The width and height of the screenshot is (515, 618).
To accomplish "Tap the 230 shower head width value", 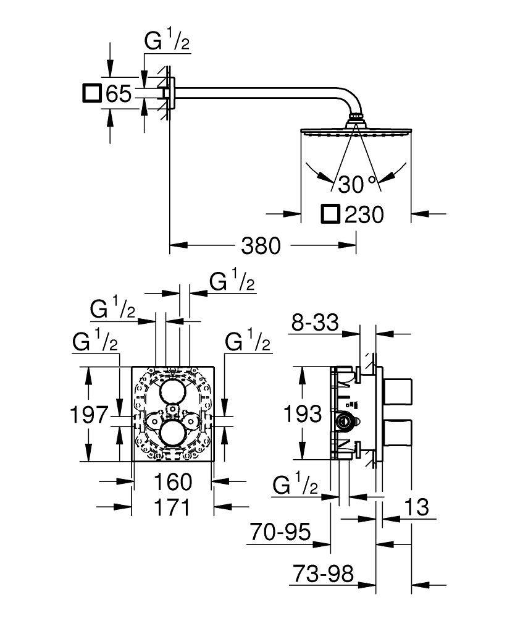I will (x=364, y=215).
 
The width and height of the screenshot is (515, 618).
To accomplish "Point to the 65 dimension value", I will (x=119, y=94).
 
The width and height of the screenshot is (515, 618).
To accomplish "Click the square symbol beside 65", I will (x=91, y=93).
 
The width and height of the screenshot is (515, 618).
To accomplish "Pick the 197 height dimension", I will (x=88, y=415).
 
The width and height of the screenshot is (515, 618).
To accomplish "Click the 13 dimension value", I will (x=417, y=508).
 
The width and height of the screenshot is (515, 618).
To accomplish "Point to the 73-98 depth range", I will (x=321, y=574).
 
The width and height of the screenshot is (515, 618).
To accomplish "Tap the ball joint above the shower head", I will (x=356, y=118).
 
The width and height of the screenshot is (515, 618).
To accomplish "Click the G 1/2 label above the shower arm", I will (x=166, y=43).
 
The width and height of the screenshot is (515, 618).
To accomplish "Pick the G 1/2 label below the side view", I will (x=296, y=486).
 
